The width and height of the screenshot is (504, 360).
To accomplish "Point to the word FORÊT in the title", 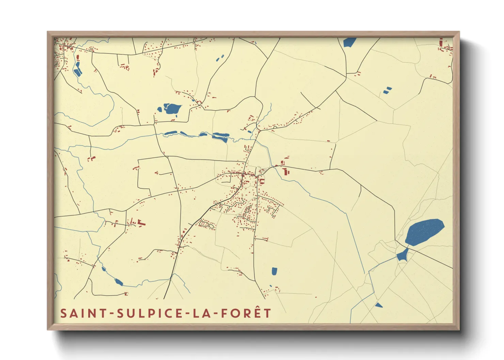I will (246, 313).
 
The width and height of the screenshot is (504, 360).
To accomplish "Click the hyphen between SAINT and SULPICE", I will (113, 314).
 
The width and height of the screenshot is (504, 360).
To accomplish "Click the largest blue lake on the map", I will (424, 232).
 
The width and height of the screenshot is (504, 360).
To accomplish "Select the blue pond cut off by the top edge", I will (349, 42).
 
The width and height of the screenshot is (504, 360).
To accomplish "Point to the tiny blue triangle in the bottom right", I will (378, 305).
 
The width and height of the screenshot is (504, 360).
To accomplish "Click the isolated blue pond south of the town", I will (274, 271).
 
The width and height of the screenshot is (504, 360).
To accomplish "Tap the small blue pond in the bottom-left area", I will (119, 282).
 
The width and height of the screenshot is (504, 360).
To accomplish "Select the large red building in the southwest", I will (141, 224).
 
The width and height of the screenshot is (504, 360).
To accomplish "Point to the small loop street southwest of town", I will (206, 224).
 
